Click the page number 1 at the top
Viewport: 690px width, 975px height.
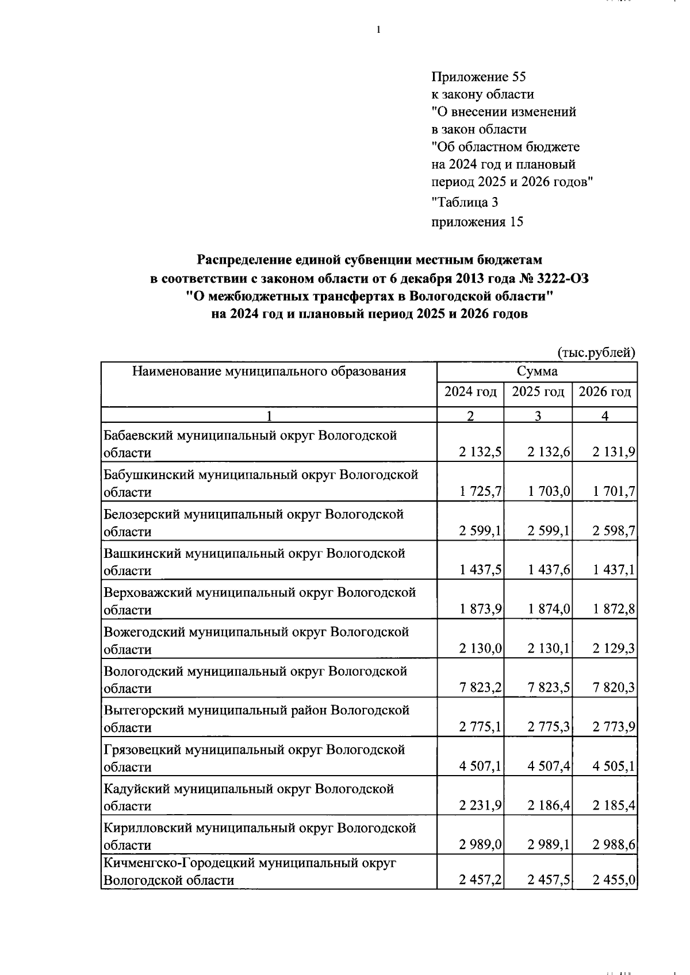click(x=378, y=30)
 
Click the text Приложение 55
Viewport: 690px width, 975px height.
click(x=478, y=77)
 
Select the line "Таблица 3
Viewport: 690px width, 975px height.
click(x=465, y=202)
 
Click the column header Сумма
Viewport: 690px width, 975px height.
click(x=536, y=372)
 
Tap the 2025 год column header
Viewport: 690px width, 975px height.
click(x=538, y=392)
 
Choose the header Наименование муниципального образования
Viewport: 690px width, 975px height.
click(x=269, y=372)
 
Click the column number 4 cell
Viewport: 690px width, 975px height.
click(x=604, y=417)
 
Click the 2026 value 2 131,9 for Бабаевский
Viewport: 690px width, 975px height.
click(x=614, y=453)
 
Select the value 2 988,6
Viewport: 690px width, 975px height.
click(x=614, y=845)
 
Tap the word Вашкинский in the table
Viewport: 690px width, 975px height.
click(x=140, y=553)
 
